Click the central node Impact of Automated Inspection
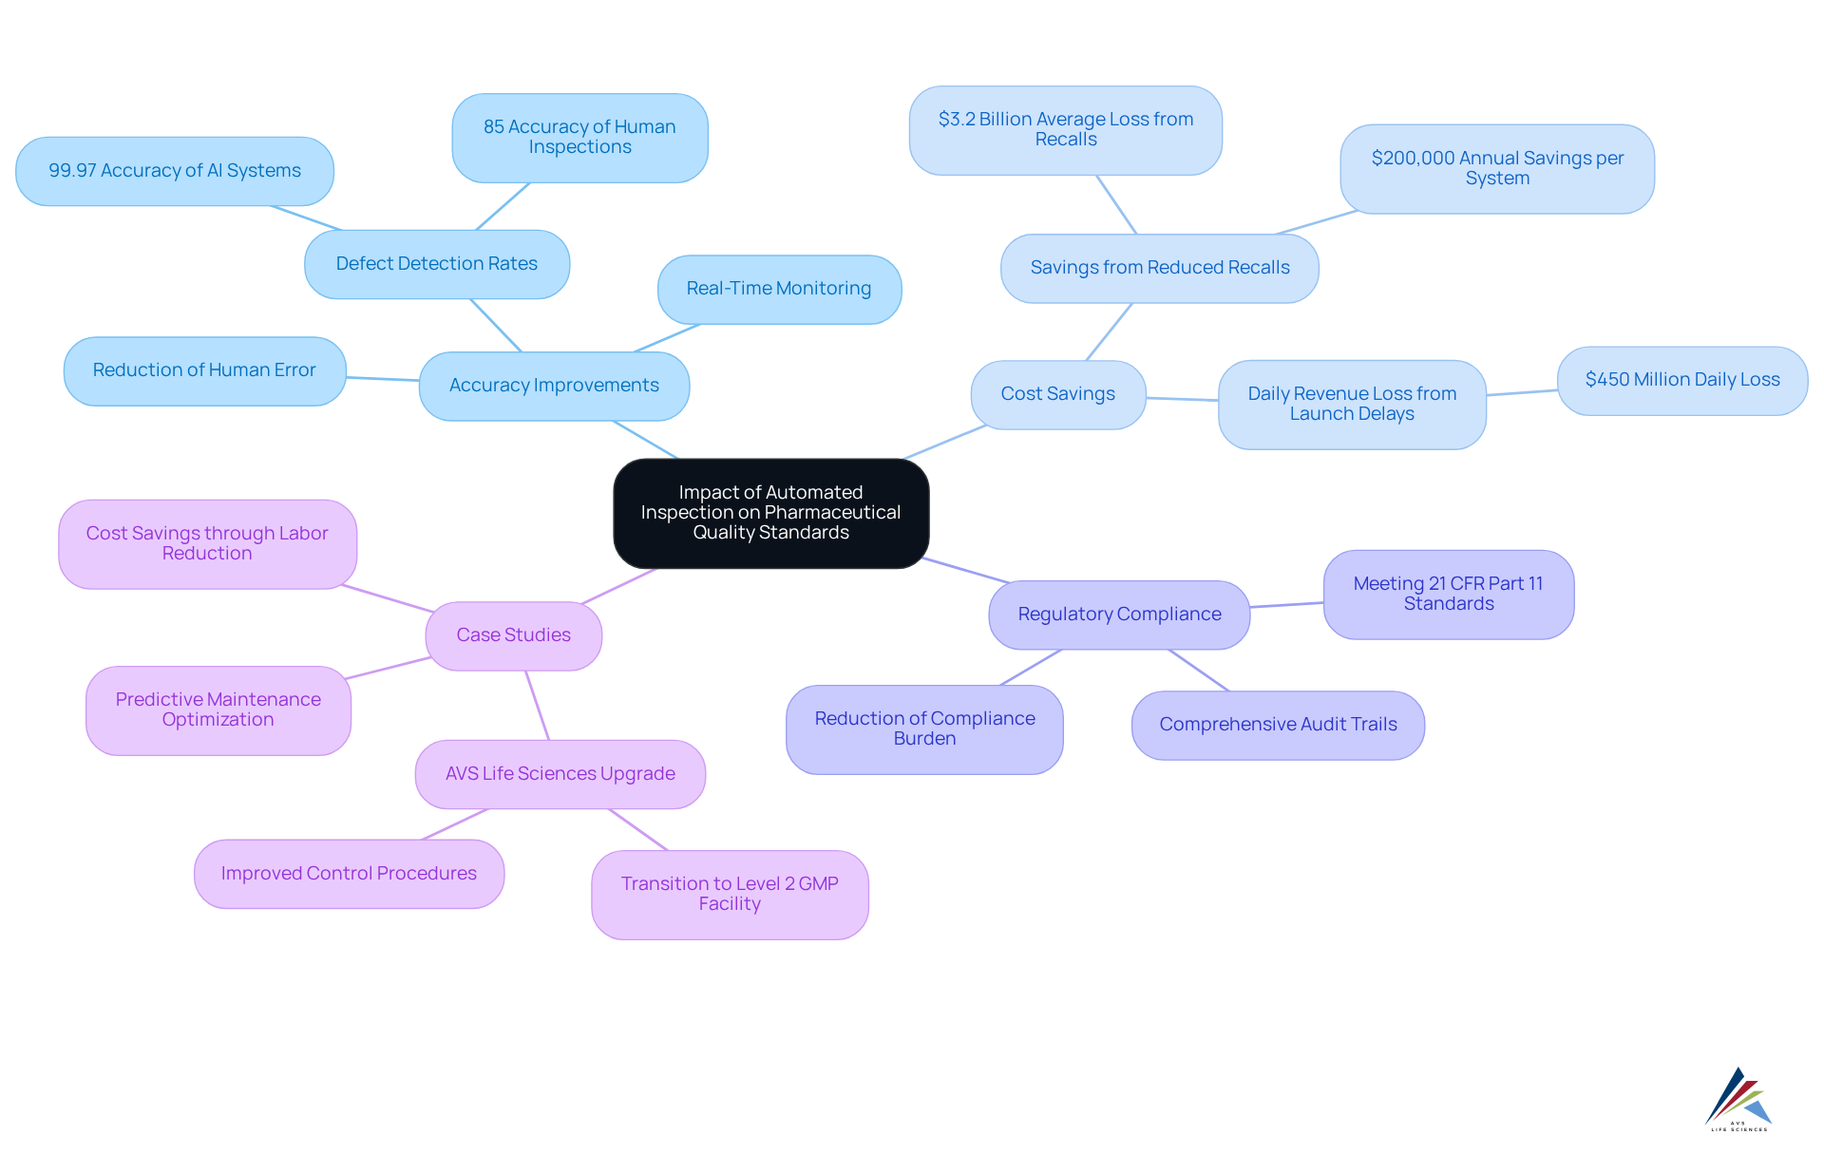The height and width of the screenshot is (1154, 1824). [x=770, y=513]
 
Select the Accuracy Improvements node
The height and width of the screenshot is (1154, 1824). [x=554, y=386]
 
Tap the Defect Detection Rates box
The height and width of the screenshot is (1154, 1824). [x=437, y=264]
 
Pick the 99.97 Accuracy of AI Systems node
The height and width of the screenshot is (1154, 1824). [x=175, y=171]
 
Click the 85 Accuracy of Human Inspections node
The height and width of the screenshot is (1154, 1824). [x=579, y=138]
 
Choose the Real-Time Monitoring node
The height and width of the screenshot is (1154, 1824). [x=779, y=289]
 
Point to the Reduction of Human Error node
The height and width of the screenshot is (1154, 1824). [x=204, y=370]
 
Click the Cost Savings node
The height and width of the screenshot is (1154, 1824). [x=1057, y=394]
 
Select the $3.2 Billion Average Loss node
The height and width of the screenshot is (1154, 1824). [x=1065, y=130]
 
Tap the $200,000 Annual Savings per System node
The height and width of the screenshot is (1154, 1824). [x=1497, y=169]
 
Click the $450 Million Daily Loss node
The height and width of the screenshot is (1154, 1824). [x=1681, y=380]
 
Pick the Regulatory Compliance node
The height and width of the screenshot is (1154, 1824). [x=1119, y=615]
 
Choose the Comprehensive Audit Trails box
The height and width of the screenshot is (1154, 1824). [x=1278, y=725]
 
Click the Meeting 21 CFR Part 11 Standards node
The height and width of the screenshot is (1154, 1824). [x=1448, y=595]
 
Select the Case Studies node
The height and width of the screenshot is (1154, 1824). [x=513, y=635]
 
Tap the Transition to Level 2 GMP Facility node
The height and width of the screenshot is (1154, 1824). [x=730, y=895]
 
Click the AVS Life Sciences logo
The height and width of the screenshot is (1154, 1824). [x=1738, y=1099]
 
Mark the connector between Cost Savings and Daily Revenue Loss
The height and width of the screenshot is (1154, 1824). [x=1182, y=399]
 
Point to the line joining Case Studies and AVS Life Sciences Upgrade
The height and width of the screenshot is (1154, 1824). [x=538, y=706]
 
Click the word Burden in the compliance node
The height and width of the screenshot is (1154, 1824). [x=924, y=739]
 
